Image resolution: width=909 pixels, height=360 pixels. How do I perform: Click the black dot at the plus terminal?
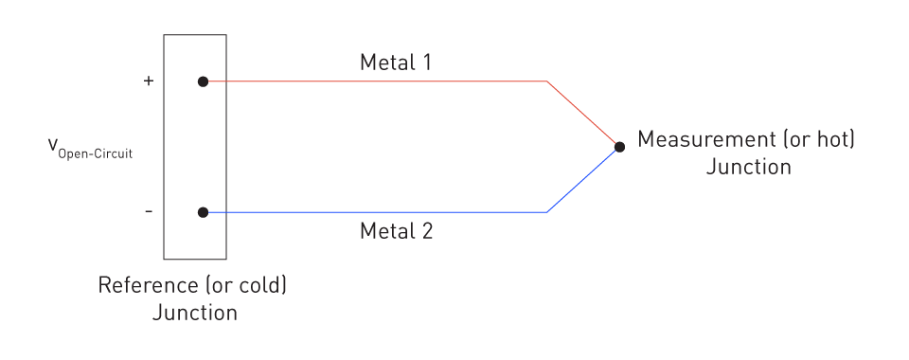pyautogui.click(x=203, y=81)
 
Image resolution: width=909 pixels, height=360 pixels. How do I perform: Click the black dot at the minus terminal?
pyautogui.click(x=203, y=212)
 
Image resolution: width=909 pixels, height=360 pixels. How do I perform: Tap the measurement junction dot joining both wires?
pyautogui.click(x=619, y=147)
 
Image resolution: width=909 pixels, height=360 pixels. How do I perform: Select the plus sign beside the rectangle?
pyautogui.click(x=148, y=81)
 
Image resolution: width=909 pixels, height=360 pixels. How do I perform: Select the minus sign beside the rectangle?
pyautogui.click(x=148, y=211)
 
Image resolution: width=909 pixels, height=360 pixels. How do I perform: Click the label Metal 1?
pyautogui.click(x=396, y=63)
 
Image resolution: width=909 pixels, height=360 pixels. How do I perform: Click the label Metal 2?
pyautogui.click(x=396, y=230)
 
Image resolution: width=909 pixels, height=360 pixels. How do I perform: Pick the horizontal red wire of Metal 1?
pyautogui.click(x=379, y=81)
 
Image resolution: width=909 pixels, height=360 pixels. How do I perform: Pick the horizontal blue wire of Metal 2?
pyautogui.click(x=379, y=212)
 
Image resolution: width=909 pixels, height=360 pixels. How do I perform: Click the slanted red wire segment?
pyautogui.click(x=582, y=114)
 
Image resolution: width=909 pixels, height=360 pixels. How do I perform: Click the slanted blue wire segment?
pyautogui.click(x=582, y=180)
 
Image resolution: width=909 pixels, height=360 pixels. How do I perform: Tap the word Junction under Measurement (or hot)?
pyautogui.click(x=748, y=168)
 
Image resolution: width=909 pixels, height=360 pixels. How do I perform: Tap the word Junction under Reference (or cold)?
pyautogui.click(x=194, y=313)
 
